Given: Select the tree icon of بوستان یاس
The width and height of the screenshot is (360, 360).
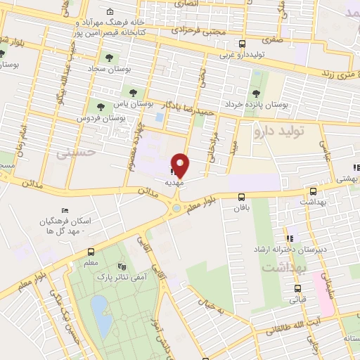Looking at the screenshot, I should [132, 93].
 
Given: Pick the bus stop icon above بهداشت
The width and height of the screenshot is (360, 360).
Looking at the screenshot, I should [313, 191].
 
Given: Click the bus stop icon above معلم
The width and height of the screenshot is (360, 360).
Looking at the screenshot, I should [91, 252].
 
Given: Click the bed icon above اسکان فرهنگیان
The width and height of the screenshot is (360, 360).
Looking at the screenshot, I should [65, 211].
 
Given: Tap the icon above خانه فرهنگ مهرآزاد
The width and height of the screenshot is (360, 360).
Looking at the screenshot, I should [110, 13].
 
